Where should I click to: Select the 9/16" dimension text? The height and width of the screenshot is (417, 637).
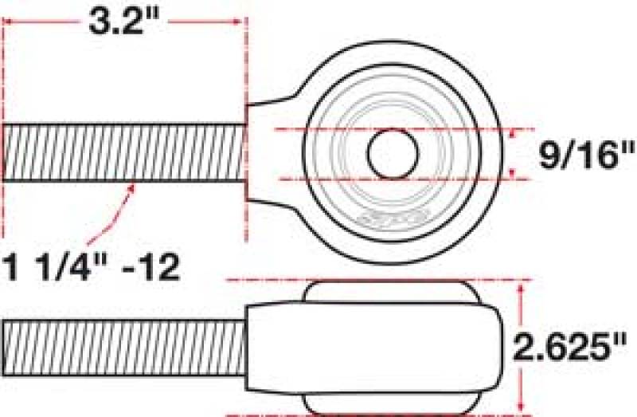coord(576,153)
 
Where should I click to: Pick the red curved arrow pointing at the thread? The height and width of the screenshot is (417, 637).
coord(111,213)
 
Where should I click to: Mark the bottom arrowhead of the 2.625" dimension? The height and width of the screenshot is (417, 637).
coord(523,407)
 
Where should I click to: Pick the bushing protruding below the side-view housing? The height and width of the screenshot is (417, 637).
coord(391,403)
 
